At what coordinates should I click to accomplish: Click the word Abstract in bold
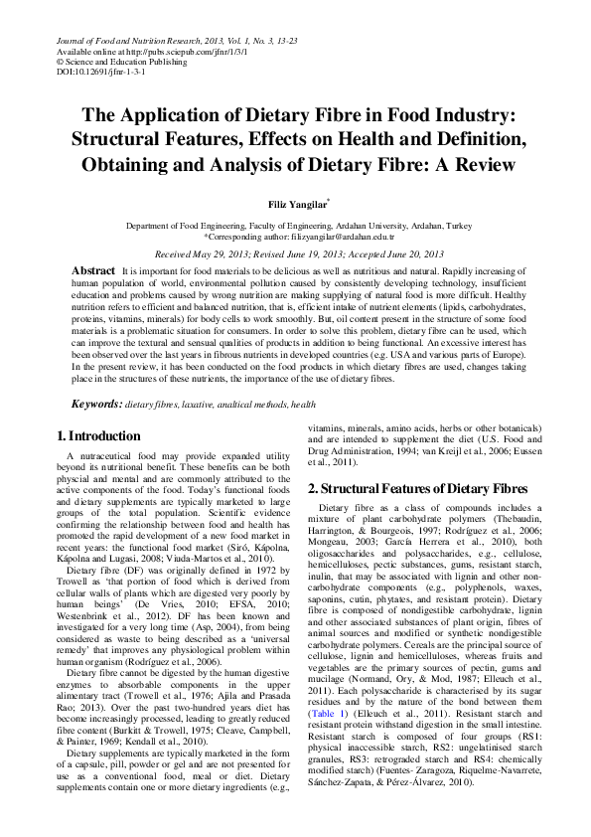click(92, 270)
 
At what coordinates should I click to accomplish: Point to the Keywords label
click(94, 405)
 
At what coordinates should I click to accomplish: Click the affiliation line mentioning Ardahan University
click(295, 227)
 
